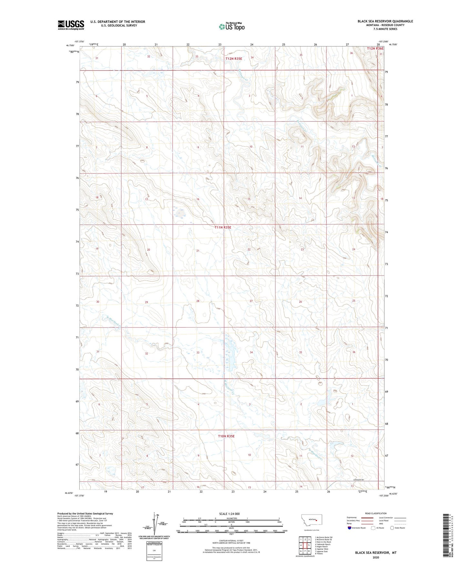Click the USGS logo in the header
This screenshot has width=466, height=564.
[x=71, y=25]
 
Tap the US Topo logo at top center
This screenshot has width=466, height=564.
[x=232, y=26]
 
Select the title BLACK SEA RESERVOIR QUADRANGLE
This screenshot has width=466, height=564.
[x=385, y=21]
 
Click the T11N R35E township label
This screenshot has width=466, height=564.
[x=223, y=227]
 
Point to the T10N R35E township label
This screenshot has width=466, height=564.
[x=226, y=436]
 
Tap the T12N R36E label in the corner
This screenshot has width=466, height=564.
[x=375, y=48]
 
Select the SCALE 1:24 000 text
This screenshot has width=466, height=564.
[x=229, y=514]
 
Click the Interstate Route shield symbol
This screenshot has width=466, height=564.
[x=350, y=528]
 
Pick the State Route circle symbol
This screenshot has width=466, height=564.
[x=392, y=528]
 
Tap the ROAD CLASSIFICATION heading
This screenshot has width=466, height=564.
[x=376, y=513]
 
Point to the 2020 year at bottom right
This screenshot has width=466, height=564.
[x=376, y=557]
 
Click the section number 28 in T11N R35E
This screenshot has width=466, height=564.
[x=198, y=301]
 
